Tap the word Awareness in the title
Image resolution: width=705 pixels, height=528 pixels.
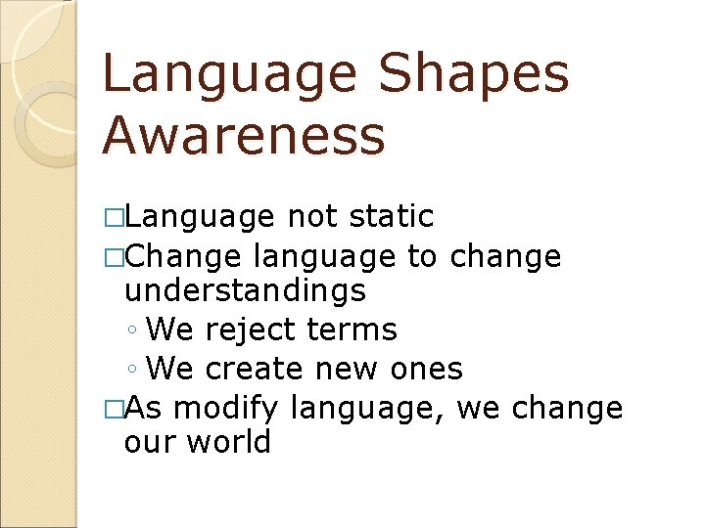[244, 136]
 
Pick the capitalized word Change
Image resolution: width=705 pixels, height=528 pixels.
[183, 256]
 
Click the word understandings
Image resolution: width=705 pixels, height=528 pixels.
[245, 290]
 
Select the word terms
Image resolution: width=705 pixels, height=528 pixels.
[352, 330]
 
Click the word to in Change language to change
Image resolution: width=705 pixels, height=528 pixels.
[422, 256]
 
